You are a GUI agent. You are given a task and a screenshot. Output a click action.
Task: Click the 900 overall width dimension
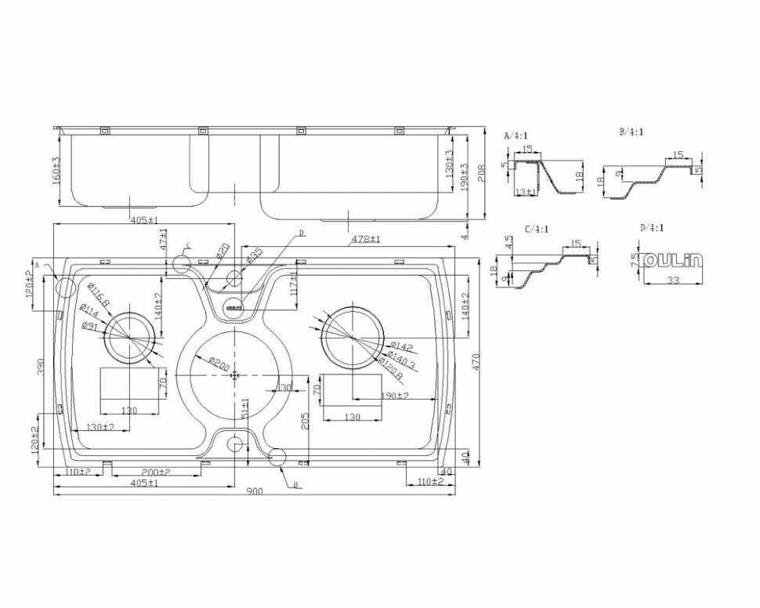[x=254, y=491]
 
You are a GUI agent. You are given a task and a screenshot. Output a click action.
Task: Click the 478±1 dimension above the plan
[x=365, y=238]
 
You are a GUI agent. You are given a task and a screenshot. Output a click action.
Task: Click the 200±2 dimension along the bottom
[x=157, y=472]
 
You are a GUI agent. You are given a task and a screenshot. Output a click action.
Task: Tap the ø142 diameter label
[x=400, y=346]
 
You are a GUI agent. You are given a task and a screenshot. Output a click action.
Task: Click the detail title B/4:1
[x=631, y=132]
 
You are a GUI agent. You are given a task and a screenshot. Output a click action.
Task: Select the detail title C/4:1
[x=536, y=229]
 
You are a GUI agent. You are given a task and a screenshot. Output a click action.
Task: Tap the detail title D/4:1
[x=651, y=228]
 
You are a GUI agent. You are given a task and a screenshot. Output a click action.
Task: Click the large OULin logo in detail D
[x=673, y=261]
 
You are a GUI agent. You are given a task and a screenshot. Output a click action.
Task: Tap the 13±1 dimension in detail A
[x=526, y=191]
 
